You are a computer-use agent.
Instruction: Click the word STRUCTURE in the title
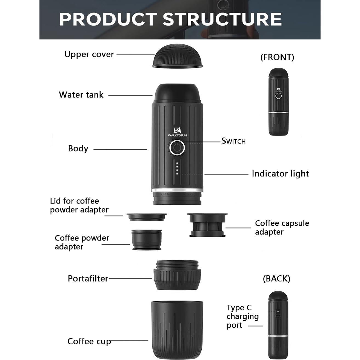click(222, 19)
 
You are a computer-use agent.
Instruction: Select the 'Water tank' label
click(81, 95)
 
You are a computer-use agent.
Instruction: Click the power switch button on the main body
click(177, 148)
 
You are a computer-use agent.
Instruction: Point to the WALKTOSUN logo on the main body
click(177, 131)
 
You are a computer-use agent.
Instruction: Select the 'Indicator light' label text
click(280, 174)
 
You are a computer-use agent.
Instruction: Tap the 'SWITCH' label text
click(233, 141)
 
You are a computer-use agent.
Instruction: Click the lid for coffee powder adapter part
click(147, 217)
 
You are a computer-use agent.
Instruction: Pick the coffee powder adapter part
click(147, 239)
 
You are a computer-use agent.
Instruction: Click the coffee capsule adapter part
click(207, 225)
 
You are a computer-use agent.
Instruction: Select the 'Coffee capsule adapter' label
click(282, 227)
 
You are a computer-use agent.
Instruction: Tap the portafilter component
click(177, 275)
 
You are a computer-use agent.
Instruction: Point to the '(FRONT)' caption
click(277, 57)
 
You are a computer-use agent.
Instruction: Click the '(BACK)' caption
click(276, 279)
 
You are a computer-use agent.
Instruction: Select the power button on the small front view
click(278, 96)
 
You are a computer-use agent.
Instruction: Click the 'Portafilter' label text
click(88, 279)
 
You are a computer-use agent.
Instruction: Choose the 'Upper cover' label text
click(89, 55)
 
